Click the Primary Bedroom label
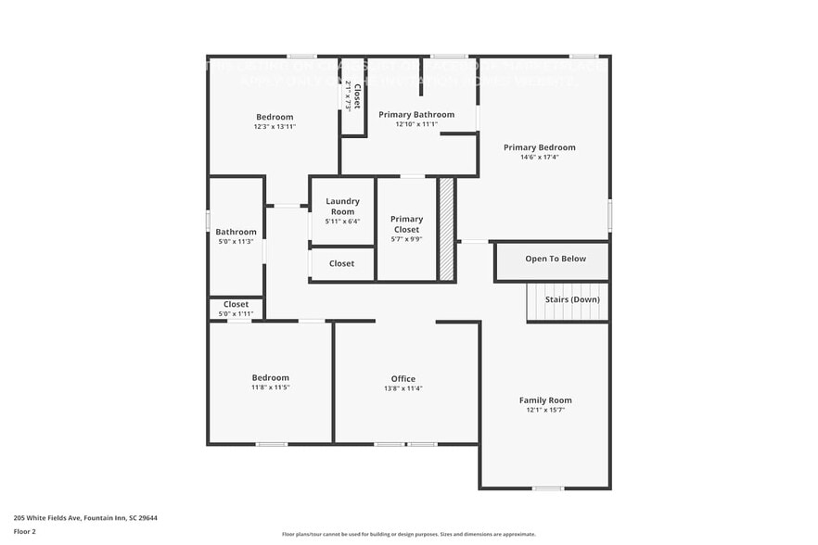click(x=539, y=147)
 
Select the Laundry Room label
click(x=342, y=206)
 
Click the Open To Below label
click(x=556, y=259)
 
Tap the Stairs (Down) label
click(x=571, y=299)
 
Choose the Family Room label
click(x=545, y=400)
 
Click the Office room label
click(x=403, y=378)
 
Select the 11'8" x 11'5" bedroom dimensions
click(x=271, y=387)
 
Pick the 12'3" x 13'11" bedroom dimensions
click(x=275, y=127)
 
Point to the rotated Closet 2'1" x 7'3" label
click(x=352, y=96)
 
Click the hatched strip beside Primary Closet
click(x=446, y=229)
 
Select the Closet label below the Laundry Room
click(x=341, y=263)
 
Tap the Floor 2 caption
click(x=25, y=532)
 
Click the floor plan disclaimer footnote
click(x=408, y=534)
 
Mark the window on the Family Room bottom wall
click(x=547, y=488)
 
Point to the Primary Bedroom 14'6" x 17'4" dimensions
click(x=539, y=158)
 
